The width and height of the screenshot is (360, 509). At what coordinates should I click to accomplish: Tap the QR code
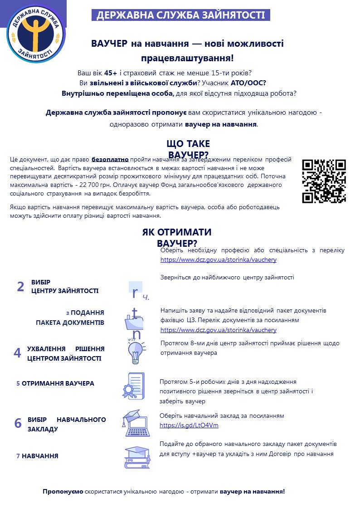point(324,181)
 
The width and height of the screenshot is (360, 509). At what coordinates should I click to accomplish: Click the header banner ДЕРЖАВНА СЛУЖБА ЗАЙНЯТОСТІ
point(181,15)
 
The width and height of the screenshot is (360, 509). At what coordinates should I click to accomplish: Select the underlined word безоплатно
point(110,160)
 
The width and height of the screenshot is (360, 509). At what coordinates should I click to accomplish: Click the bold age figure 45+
point(111,73)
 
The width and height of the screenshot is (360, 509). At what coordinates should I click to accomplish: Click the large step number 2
point(20,287)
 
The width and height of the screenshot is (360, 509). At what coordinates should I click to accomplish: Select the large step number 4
point(18,353)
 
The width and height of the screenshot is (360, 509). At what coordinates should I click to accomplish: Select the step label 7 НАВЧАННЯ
point(37,456)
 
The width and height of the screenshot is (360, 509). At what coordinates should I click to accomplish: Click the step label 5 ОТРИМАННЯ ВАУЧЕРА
point(55,383)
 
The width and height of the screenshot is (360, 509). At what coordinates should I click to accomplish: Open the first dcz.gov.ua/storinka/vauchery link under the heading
point(218,260)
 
